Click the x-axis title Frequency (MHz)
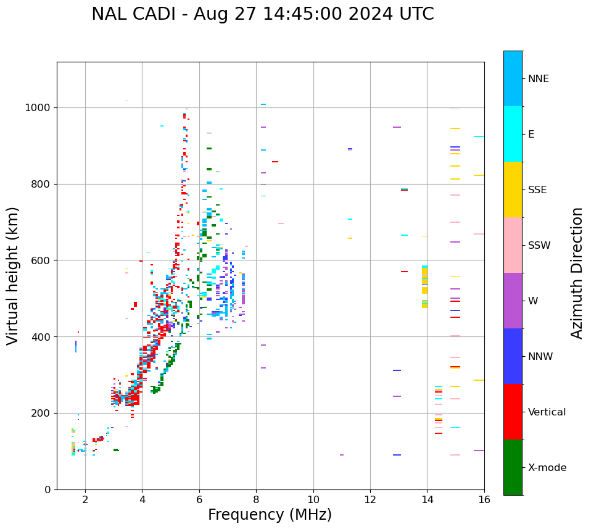[x=270, y=515]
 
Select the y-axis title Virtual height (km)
[x=13, y=275]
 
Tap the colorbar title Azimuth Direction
[x=577, y=272]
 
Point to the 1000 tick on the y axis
[x=41, y=107]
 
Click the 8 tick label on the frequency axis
[x=256, y=500]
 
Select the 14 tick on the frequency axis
[x=427, y=500]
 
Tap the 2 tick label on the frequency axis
[x=85, y=500]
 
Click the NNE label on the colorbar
[x=538, y=79]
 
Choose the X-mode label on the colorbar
[x=547, y=468]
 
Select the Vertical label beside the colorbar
[x=547, y=412]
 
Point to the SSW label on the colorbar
[x=539, y=246]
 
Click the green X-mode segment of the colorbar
[x=513, y=467]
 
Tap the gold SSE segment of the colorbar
[x=513, y=190]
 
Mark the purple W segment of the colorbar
[x=513, y=301]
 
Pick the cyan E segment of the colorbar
[x=513, y=134]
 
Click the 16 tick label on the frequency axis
[x=484, y=500]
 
